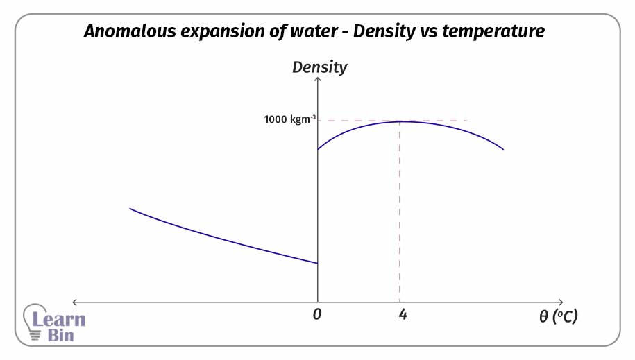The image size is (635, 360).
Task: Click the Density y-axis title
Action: (319, 67)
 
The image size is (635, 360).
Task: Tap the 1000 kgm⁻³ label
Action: (289, 119)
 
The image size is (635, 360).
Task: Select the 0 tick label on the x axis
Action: (317, 314)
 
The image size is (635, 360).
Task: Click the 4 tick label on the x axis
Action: (403, 314)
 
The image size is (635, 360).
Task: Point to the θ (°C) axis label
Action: (558, 316)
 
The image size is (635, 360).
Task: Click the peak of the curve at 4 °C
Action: (400, 121)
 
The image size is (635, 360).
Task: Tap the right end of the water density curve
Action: (503, 149)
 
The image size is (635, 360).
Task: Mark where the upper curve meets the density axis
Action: (318, 149)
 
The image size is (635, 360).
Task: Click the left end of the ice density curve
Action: (130, 208)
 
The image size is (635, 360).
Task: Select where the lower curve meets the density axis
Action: (318, 263)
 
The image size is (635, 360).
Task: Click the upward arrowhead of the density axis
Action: (318, 80)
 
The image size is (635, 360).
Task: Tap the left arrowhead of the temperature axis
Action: (74, 302)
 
